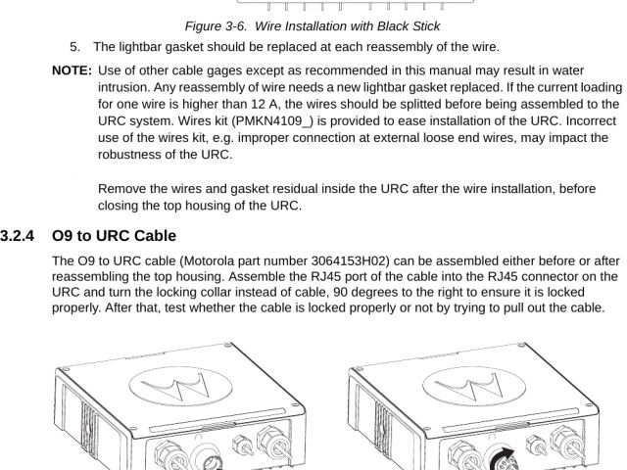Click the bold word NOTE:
coord(72,70)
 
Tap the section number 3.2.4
coord(18,236)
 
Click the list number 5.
coord(74,47)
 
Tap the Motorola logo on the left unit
coord(180,386)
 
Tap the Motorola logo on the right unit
coord(474,386)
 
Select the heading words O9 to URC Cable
coord(114,236)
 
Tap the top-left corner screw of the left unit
coord(66,369)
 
